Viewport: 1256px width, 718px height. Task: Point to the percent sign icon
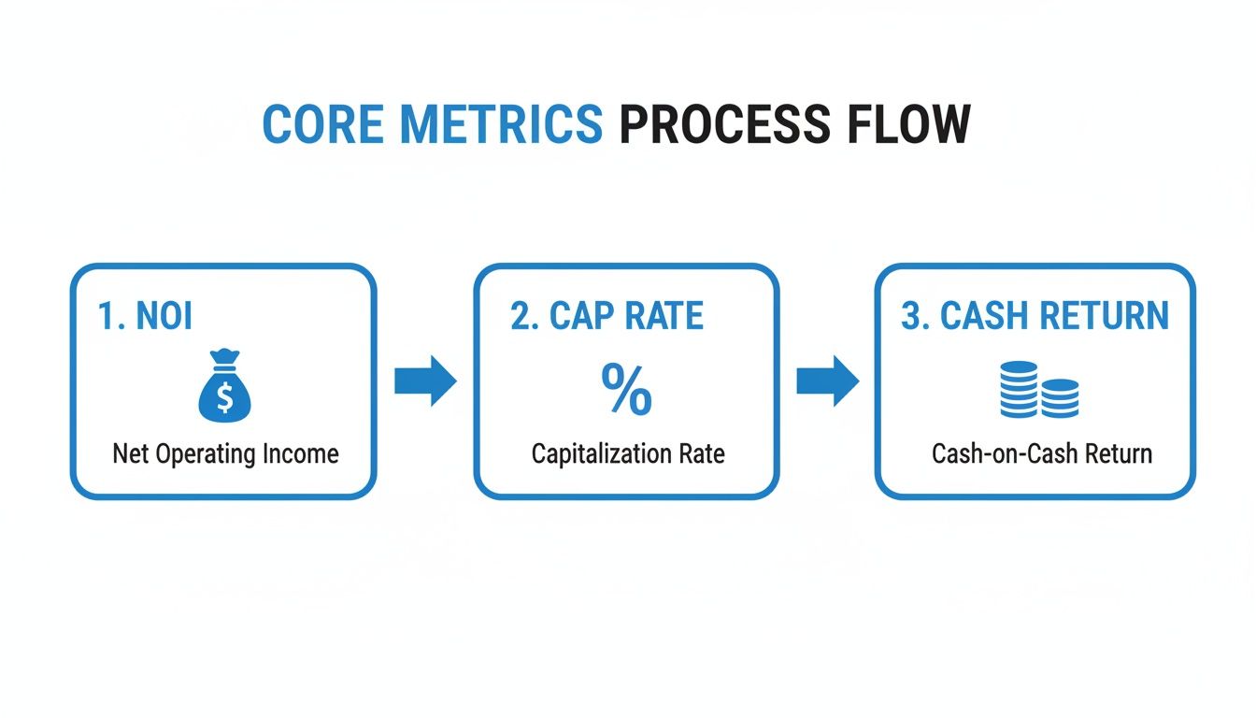626,390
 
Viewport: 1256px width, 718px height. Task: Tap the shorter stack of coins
1060,397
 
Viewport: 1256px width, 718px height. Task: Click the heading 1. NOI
145,316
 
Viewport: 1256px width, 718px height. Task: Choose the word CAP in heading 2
578,316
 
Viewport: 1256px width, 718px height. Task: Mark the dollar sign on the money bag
224,397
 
